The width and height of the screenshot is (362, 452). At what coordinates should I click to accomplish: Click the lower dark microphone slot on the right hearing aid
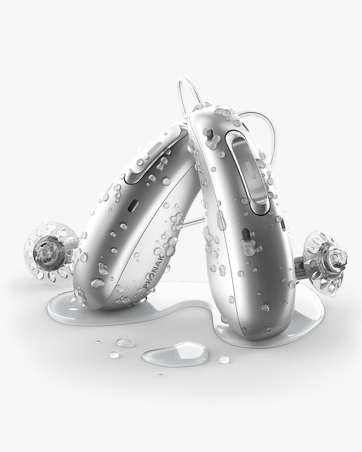(246, 235)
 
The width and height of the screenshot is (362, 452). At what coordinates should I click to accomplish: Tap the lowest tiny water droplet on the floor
(160, 374)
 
